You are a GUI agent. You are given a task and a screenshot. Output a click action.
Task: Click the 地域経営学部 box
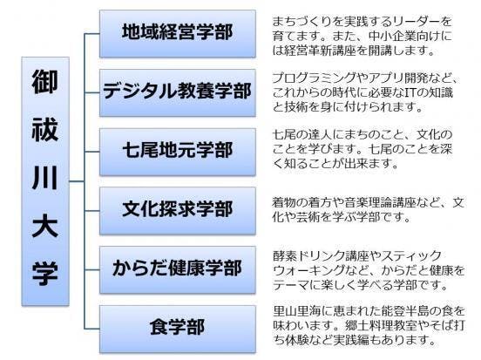178,34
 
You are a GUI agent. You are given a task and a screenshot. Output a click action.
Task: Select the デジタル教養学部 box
178,92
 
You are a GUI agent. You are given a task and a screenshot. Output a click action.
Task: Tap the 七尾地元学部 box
178,152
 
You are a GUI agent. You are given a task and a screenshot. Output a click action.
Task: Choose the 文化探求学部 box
178,211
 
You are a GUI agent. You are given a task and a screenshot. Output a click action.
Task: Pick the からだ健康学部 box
178,269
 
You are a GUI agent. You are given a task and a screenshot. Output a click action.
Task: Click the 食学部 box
178,329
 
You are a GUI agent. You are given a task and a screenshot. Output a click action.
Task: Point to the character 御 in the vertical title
45,82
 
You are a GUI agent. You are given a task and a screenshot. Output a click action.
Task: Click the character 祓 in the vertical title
45,129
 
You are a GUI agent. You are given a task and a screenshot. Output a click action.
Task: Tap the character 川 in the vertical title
45,178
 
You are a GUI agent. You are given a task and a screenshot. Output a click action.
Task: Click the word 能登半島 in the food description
404,311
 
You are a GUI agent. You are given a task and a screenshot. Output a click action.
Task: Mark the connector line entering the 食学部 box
92,329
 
